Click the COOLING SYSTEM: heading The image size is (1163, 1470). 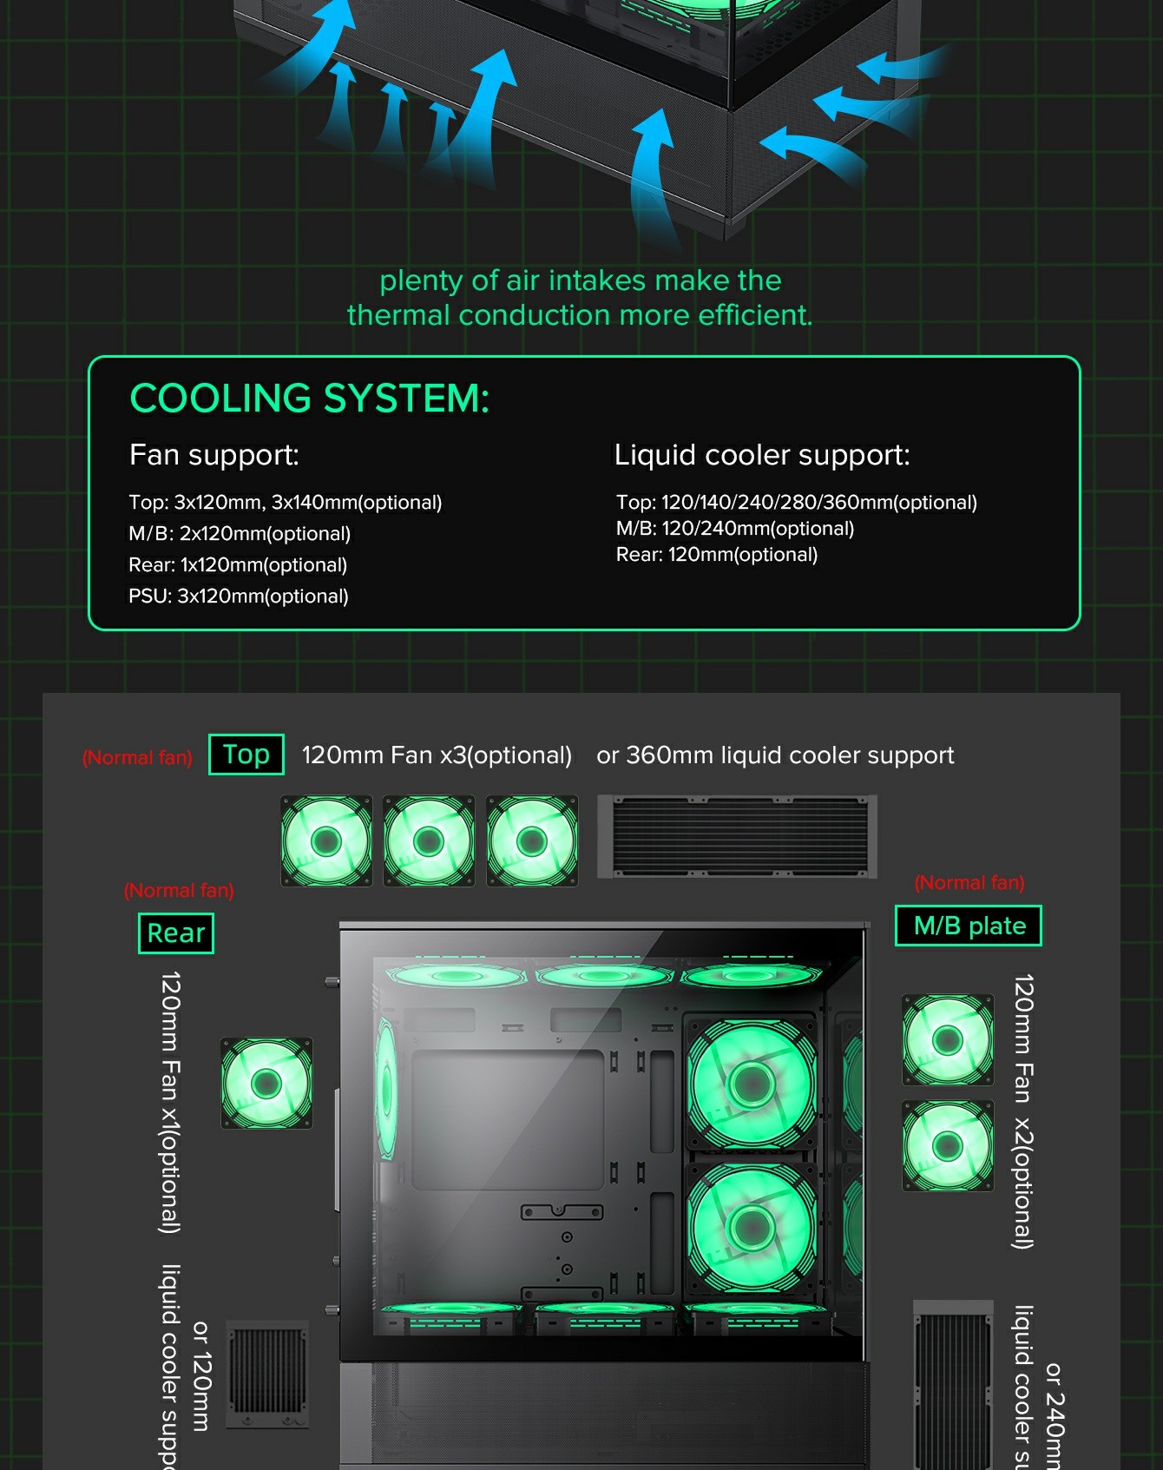(309, 399)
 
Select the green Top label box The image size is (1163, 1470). (246, 755)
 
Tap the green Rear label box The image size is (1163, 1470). (176, 933)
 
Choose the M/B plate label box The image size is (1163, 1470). (969, 926)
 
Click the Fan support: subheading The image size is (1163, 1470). (214, 455)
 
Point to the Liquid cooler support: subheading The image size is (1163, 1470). (761, 455)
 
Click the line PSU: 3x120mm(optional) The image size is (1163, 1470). (239, 597)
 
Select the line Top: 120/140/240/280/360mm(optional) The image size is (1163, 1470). (796, 503)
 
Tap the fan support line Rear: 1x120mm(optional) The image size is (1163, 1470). (238, 565)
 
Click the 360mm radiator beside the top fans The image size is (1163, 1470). (737, 837)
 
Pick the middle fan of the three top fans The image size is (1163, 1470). (429, 840)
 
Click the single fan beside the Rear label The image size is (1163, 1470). (266, 1083)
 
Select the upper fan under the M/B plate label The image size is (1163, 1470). (948, 1039)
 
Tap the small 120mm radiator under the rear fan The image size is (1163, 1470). (267, 1373)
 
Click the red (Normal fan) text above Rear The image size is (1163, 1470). (179, 891)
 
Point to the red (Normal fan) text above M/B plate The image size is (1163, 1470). (969, 883)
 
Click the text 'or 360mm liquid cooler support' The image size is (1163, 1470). (775, 755)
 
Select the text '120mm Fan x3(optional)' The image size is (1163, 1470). (437, 755)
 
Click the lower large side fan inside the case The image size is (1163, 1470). (752, 1226)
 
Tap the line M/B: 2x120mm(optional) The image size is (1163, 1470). (240, 534)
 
